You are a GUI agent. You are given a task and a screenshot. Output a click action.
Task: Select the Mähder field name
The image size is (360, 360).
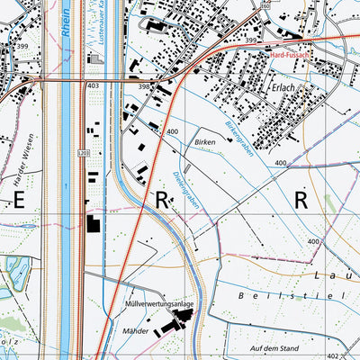pos(137,331)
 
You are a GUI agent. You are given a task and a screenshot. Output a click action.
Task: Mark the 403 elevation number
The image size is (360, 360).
pos(94,85)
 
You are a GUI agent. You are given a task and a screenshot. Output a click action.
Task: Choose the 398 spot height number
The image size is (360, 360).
pos(144,85)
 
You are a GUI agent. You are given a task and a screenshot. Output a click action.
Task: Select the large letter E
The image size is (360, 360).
pos(18,201)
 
